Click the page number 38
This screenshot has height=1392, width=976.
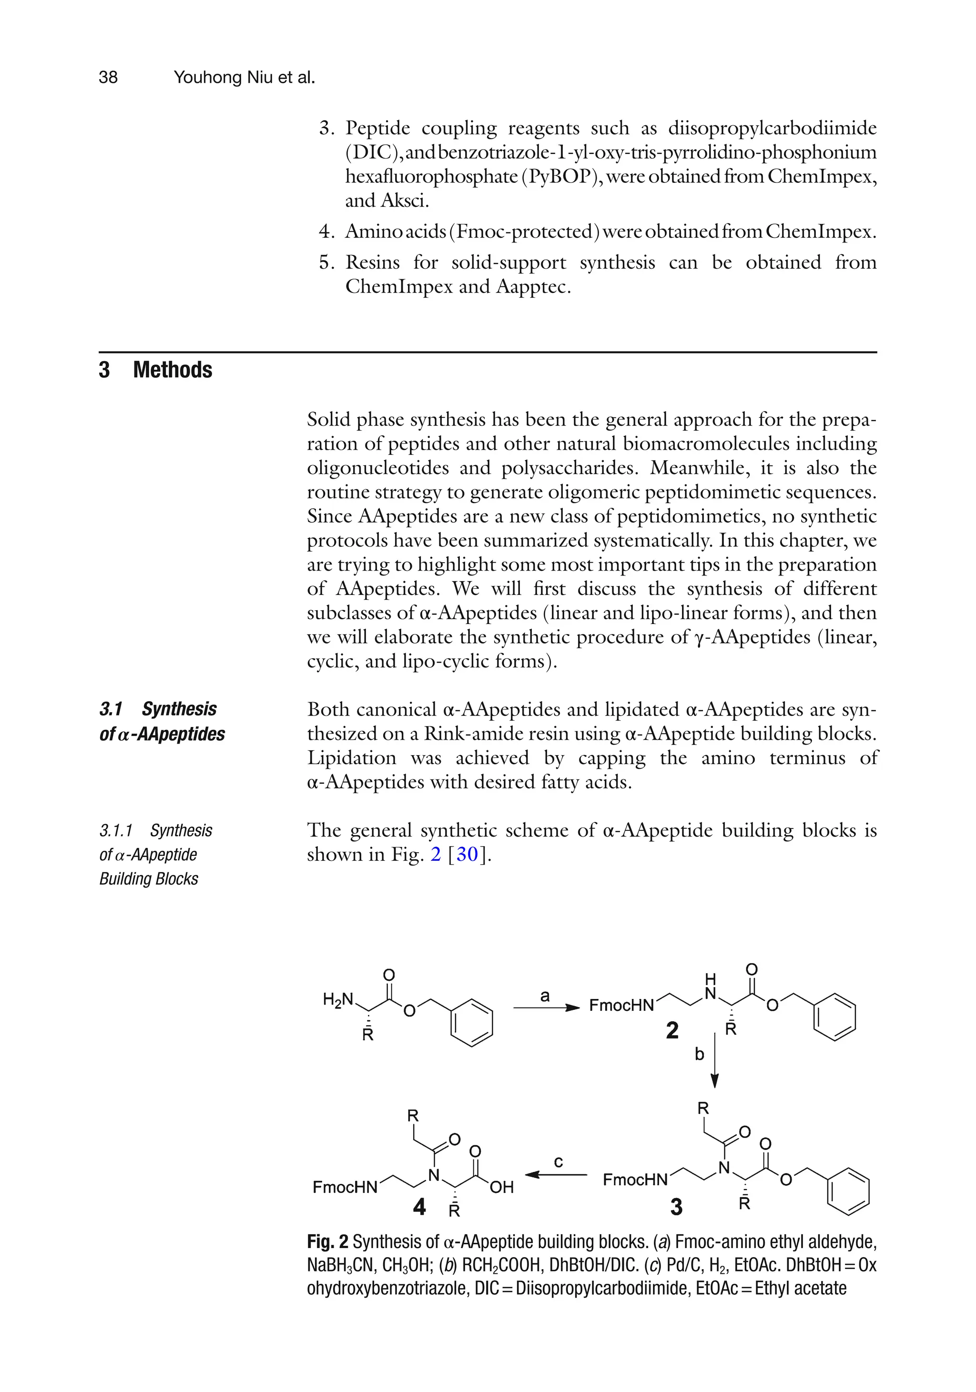(108, 77)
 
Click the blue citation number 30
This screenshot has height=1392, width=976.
(467, 854)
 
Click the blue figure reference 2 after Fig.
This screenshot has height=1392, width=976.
(436, 854)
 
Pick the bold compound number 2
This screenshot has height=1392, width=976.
(672, 1030)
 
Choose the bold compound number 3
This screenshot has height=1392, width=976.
(676, 1207)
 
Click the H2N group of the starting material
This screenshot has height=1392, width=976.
(337, 999)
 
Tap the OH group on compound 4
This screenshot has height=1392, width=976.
(501, 1187)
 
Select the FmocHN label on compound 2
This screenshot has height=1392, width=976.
(621, 1006)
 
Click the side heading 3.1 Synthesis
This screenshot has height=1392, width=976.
(158, 709)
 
